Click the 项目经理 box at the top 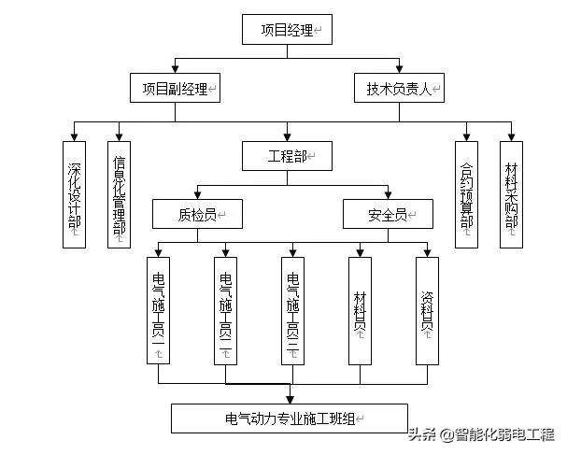[x=287, y=29]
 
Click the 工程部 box [x=287, y=155]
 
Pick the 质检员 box [x=198, y=214]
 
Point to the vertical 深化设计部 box [x=74, y=193]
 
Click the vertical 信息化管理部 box [x=120, y=193]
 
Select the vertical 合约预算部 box [x=466, y=193]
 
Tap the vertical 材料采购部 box [x=512, y=193]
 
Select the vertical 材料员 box [x=361, y=310]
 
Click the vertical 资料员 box [x=428, y=310]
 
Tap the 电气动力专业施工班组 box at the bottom [x=289, y=418]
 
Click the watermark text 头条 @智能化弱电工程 [x=481, y=434]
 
